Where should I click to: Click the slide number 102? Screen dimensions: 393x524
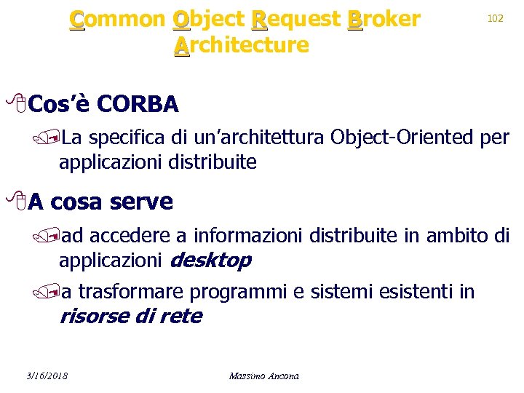[x=496, y=18]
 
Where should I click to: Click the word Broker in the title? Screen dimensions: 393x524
[x=384, y=19]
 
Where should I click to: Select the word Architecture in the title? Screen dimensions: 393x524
[x=242, y=45]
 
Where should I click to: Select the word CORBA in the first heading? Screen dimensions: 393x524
[x=137, y=105]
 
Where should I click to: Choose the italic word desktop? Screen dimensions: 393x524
[x=210, y=260]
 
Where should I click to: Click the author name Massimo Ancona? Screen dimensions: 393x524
[x=263, y=376]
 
